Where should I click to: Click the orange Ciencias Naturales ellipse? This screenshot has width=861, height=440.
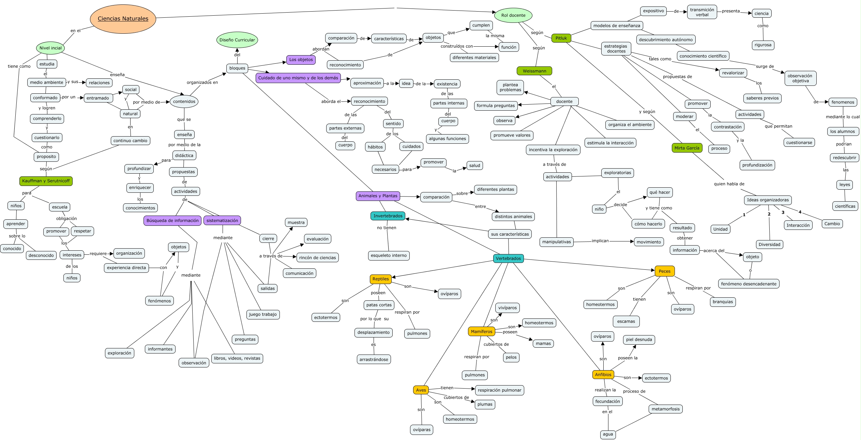(x=123, y=19)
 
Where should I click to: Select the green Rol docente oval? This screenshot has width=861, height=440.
(x=513, y=15)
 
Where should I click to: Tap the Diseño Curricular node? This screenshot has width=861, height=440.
(x=237, y=40)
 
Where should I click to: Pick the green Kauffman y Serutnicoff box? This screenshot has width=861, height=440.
(x=46, y=181)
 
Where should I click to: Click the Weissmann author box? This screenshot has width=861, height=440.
(x=534, y=71)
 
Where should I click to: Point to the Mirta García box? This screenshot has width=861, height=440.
(x=687, y=148)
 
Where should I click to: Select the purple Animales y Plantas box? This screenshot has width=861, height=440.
(x=378, y=196)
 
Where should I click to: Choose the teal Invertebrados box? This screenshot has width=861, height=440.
(x=388, y=216)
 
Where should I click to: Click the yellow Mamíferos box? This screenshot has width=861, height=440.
(x=482, y=331)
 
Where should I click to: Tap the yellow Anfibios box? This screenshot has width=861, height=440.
(x=603, y=375)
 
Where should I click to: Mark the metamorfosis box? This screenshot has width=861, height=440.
(x=666, y=409)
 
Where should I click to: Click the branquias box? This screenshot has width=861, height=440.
(x=723, y=302)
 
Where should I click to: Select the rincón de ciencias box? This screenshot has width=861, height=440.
(x=318, y=257)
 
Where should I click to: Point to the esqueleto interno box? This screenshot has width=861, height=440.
(x=389, y=255)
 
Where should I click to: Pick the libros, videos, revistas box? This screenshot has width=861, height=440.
(x=237, y=358)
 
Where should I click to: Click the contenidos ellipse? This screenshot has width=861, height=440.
(x=184, y=101)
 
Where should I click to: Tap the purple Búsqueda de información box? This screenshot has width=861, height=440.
(x=172, y=221)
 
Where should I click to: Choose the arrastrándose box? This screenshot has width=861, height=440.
(x=374, y=359)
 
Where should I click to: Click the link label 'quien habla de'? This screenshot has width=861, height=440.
(x=729, y=184)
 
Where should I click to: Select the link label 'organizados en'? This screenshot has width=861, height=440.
(x=202, y=82)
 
